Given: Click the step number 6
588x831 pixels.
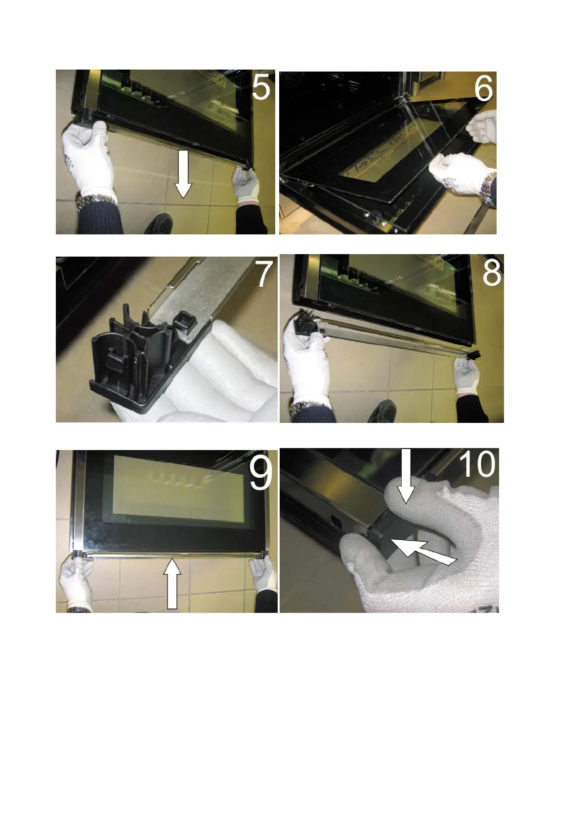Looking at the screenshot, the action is (x=484, y=88).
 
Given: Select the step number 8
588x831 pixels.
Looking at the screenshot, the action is (x=492, y=273).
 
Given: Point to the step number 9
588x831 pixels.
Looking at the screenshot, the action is (x=261, y=473).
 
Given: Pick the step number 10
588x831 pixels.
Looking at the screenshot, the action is (x=477, y=464).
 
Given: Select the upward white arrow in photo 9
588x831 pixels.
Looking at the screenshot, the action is (x=172, y=583).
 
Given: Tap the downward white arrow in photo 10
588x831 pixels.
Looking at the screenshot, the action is (x=406, y=476).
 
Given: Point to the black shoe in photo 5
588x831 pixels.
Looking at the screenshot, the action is (x=158, y=224).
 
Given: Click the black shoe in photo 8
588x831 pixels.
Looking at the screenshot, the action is (x=382, y=411).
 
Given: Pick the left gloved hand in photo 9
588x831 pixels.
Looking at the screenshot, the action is (x=76, y=581).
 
